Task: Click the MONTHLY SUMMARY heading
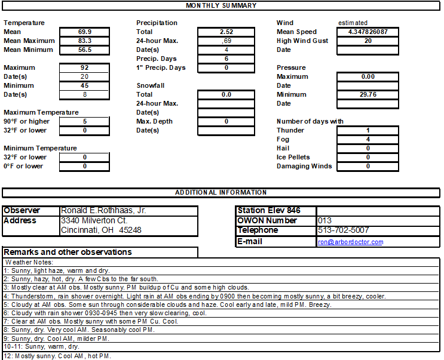[x=221, y=5]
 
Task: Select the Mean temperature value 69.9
[x=84, y=32]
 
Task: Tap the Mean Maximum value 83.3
[x=84, y=41]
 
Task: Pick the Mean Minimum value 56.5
[x=84, y=50]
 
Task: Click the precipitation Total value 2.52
[x=226, y=32]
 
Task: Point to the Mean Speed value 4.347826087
[x=368, y=32]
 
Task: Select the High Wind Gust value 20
[x=368, y=41]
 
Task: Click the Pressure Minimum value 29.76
[x=368, y=94]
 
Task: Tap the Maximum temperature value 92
[x=84, y=67]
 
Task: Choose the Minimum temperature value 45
[x=84, y=85]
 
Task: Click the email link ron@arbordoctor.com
[x=351, y=242]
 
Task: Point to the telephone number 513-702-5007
[x=343, y=230]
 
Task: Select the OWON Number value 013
[x=324, y=220]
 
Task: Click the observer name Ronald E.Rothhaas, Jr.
[x=103, y=211]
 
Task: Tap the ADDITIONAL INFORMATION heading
[x=221, y=192]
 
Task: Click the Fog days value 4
[x=368, y=139]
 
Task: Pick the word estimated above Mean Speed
[x=353, y=23]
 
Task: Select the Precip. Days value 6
[x=226, y=59]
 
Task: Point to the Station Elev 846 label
[x=269, y=211]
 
